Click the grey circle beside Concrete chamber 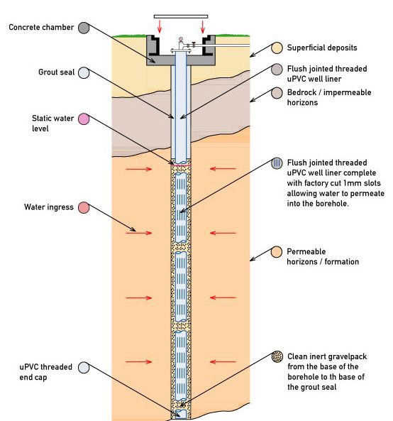click(x=84, y=27)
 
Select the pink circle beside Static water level click(x=84, y=118)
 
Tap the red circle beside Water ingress click(x=84, y=208)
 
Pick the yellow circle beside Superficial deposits click(x=278, y=49)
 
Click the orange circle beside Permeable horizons click(x=278, y=253)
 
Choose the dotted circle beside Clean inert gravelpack click(x=278, y=356)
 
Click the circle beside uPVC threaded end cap click(x=84, y=367)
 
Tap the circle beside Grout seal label click(x=84, y=72)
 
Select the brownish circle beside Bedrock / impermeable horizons click(x=278, y=94)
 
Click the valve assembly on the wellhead click(x=183, y=44)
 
